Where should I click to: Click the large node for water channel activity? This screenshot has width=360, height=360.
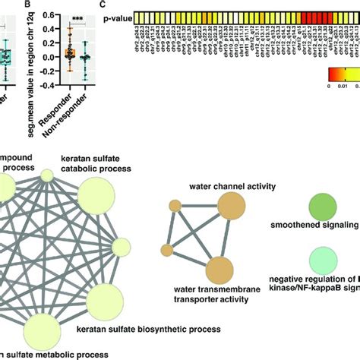pos(231,206)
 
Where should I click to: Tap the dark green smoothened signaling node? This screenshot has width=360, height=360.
pos(324,206)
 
